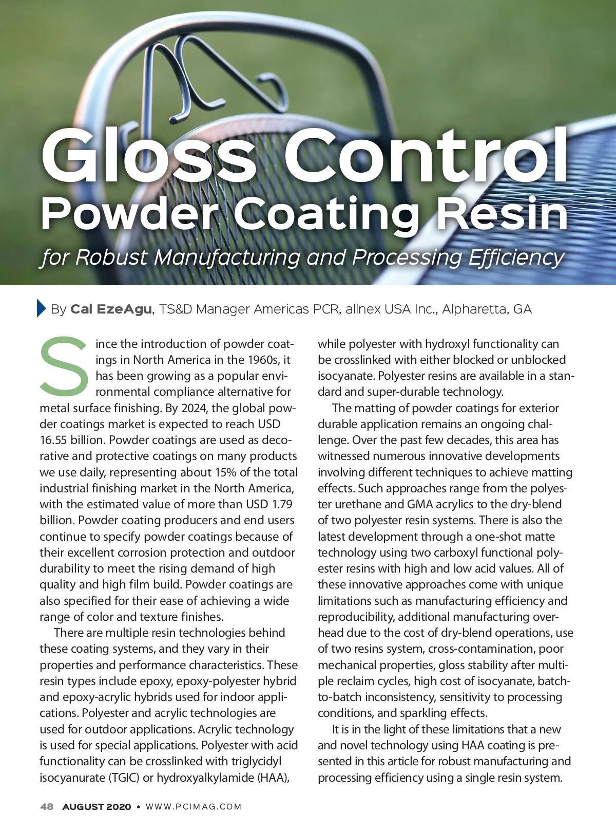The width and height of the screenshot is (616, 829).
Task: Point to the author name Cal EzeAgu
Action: (x=111, y=309)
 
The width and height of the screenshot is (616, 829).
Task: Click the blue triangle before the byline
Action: (x=42, y=308)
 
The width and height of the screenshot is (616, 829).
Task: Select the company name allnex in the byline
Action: (x=363, y=309)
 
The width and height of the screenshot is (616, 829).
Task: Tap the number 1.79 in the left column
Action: (x=282, y=504)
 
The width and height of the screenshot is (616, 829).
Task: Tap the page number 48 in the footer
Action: (x=47, y=806)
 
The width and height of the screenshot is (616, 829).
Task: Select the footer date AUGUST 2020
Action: (x=97, y=806)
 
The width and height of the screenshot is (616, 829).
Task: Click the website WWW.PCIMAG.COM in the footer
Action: (x=194, y=806)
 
